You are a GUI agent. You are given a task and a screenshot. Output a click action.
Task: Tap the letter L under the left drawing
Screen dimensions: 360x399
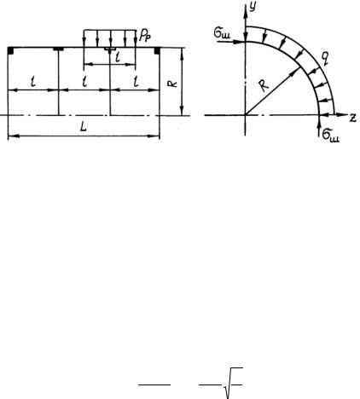tap(83, 127)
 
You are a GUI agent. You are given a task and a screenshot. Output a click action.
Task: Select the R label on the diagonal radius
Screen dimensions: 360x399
tap(264, 86)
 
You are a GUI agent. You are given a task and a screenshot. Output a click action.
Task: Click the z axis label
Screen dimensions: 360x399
tap(353, 118)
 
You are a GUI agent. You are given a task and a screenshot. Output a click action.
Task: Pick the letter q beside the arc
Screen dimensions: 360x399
tap(325, 59)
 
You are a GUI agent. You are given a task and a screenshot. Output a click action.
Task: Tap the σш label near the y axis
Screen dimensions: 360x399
tap(222, 34)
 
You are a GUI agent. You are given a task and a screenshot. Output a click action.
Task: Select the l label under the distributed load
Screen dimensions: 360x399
tap(118, 58)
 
